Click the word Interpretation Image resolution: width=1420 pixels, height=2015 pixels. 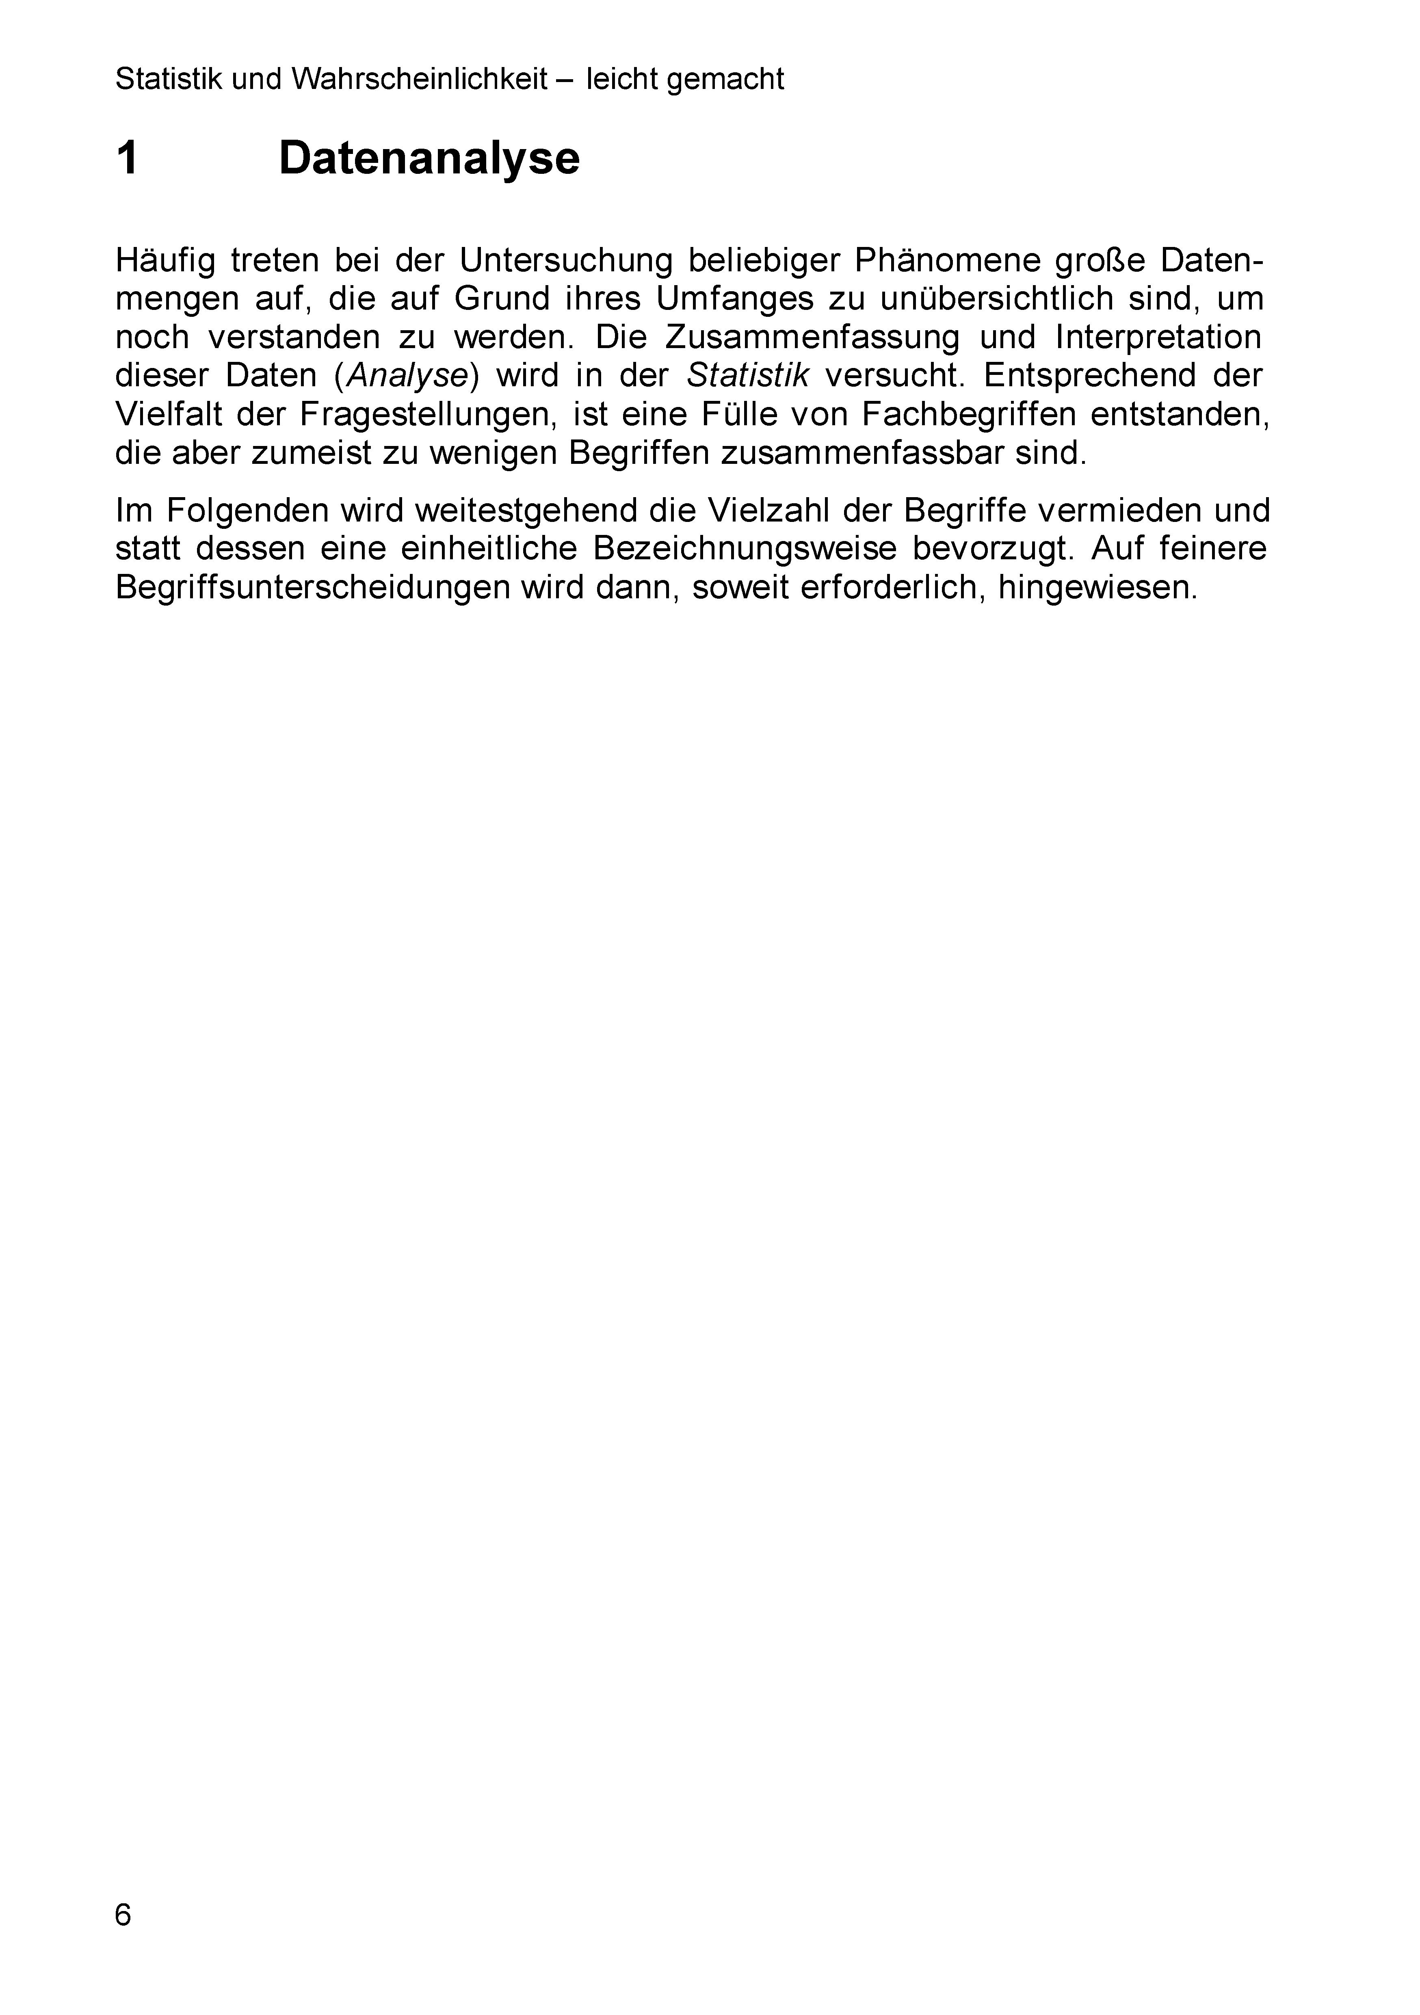(1158, 337)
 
